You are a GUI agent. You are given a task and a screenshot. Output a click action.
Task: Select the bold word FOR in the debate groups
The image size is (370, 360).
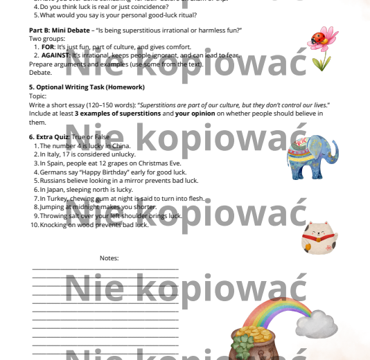click(48, 46)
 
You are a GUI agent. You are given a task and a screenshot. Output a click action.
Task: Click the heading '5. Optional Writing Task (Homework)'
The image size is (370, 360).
click(87, 87)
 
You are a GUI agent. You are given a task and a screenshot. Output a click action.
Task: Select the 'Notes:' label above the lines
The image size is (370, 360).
click(109, 258)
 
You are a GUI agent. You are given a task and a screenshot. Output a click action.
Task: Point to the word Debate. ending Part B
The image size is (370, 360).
click(40, 71)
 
